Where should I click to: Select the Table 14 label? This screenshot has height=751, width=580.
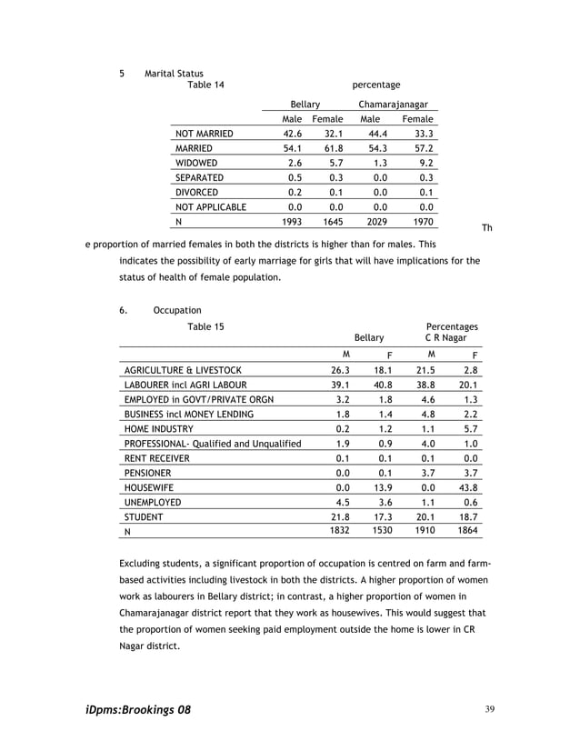coord(205,85)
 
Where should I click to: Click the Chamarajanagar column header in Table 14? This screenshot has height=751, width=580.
coord(393,105)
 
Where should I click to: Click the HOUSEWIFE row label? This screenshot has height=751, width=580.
coord(148,488)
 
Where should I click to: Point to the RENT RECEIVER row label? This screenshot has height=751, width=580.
coord(157,458)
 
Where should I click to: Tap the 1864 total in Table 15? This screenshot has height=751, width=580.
coord(467,531)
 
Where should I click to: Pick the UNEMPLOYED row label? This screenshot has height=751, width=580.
coord(153,503)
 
